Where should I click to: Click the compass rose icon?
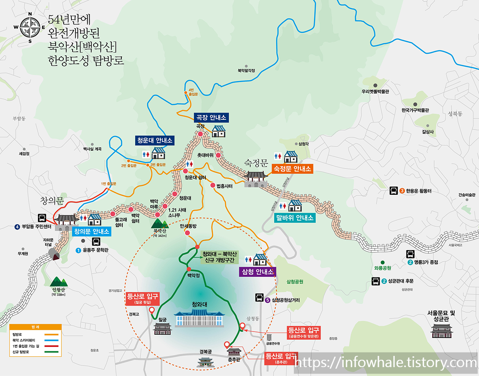[30, 27]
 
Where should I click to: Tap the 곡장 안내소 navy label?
[211, 117]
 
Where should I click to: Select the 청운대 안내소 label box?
[155, 140]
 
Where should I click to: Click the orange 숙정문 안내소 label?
[292, 169]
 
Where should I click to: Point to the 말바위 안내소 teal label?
[295, 218]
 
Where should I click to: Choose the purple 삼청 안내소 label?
[257, 272]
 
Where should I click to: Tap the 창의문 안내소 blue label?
[92, 231]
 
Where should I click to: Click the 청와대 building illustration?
[199, 318]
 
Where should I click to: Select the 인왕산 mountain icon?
[59, 282]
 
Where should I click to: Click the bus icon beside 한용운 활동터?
[394, 191]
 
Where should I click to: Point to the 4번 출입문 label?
[192, 92]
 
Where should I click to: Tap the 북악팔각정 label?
[246, 71]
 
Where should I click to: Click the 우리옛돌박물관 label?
[375, 92]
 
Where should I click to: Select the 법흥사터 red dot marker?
[213, 185]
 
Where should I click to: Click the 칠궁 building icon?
[163, 329]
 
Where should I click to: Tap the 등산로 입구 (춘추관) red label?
[281, 358]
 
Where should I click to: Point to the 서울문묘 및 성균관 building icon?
[442, 331]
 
